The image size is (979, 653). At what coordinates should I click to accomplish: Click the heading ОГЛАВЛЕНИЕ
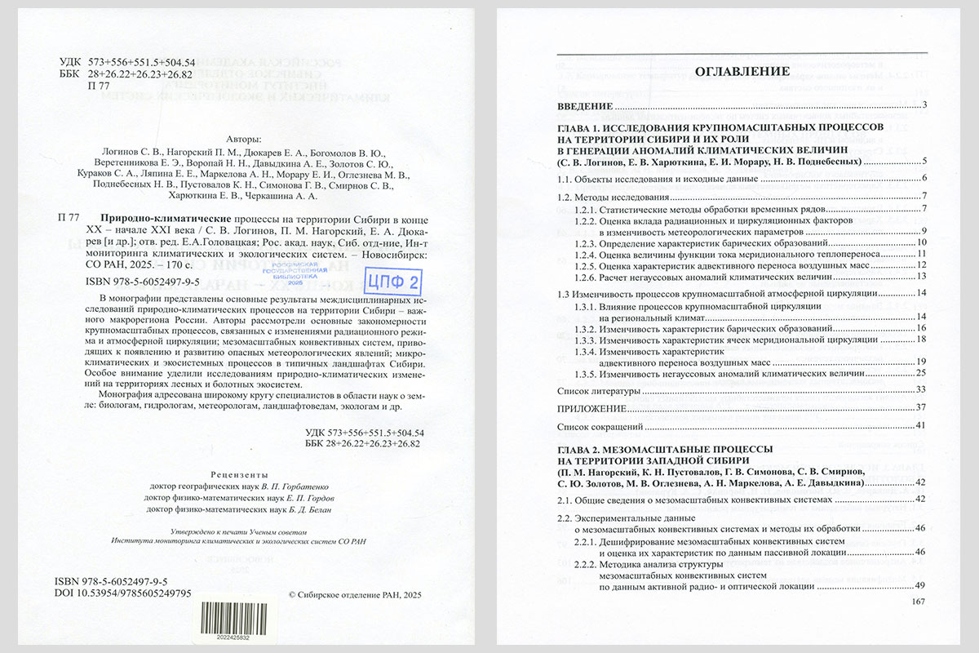pyautogui.click(x=742, y=72)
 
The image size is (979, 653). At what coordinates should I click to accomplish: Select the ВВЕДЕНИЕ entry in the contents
pyautogui.click(x=584, y=107)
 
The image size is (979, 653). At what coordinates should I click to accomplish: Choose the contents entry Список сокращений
pyautogui.click(x=600, y=425)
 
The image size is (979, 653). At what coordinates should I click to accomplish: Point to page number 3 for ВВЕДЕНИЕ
pyautogui.click(x=925, y=107)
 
